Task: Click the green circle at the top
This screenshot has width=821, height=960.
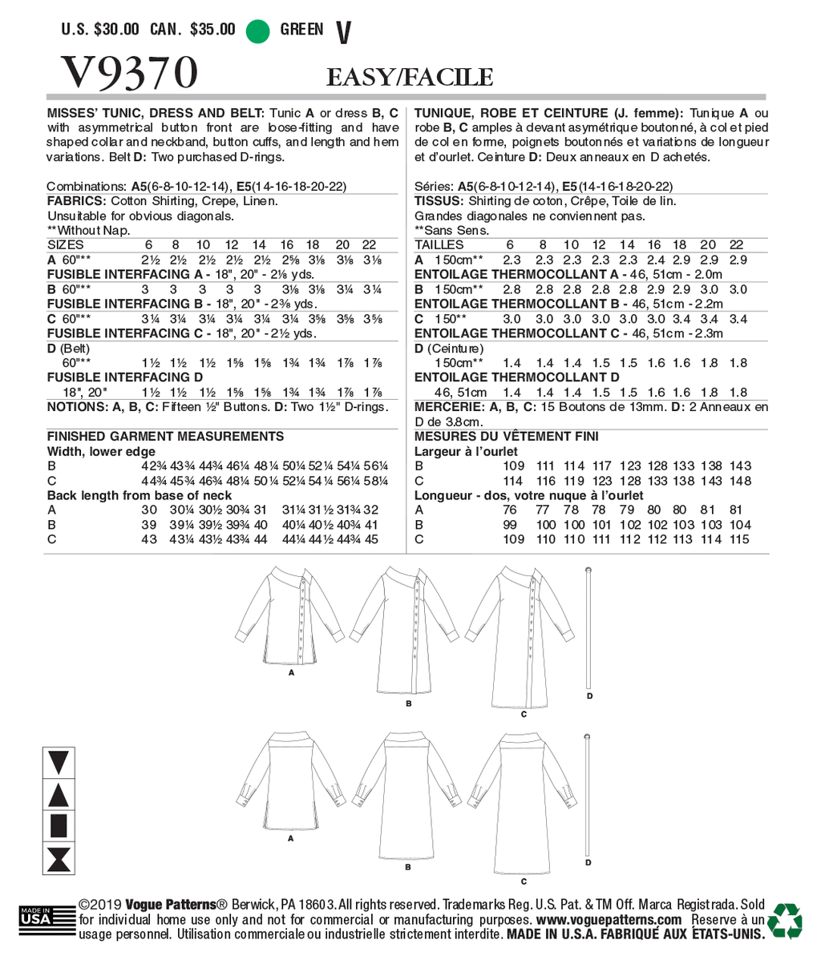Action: tap(257, 30)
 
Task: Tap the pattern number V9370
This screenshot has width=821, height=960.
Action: tap(128, 74)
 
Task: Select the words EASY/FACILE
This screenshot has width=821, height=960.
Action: tap(409, 77)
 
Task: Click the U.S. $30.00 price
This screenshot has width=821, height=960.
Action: tap(100, 30)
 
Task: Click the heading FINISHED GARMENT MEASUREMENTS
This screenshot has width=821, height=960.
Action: tap(165, 436)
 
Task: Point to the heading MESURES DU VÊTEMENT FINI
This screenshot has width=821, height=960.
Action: tap(506, 437)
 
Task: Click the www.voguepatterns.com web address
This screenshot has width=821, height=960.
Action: tap(609, 920)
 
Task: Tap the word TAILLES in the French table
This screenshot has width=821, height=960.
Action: tap(439, 244)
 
